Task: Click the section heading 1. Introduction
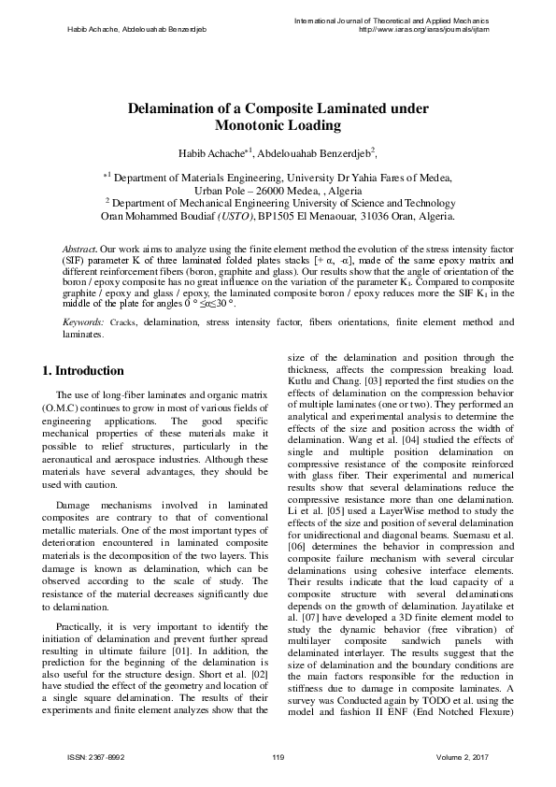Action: pos(83,371)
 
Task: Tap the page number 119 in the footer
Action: pos(278,756)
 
